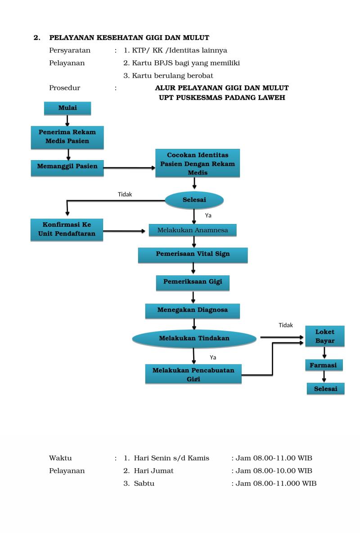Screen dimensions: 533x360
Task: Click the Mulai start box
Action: [x=67, y=108]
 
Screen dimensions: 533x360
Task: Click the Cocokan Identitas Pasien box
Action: [x=198, y=163]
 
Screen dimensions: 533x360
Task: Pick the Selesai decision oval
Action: [x=194, y=200]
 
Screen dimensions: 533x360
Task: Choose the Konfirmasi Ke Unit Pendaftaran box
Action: [x=67, y=229]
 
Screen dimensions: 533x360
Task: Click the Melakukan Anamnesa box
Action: [x=193, y=230]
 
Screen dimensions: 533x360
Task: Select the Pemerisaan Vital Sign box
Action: [x=193, y=254]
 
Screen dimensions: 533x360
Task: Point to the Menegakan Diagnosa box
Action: [x=193, y=310]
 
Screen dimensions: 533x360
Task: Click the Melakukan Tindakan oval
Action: [x=194, y=338]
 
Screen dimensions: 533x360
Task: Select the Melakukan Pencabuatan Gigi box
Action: [x=193, y=374]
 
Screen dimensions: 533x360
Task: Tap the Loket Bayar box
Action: [x=325, y=336]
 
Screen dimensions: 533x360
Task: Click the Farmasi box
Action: [x=324, y=365]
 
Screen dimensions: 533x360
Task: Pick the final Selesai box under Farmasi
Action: [x=325, y=389]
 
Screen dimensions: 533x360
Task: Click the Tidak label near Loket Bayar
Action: [x=286, y=325]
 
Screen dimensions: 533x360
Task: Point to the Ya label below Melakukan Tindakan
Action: [x=213, y=358]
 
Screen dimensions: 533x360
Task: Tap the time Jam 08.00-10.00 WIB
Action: [x=274, y=471]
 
